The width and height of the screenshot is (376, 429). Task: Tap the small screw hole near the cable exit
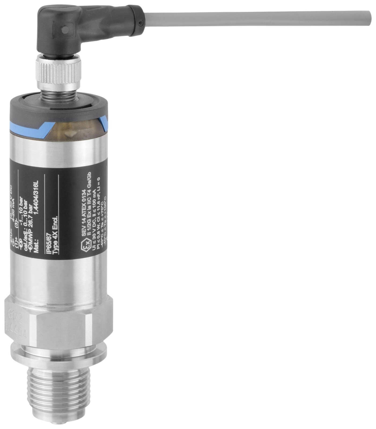coord(141,24)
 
